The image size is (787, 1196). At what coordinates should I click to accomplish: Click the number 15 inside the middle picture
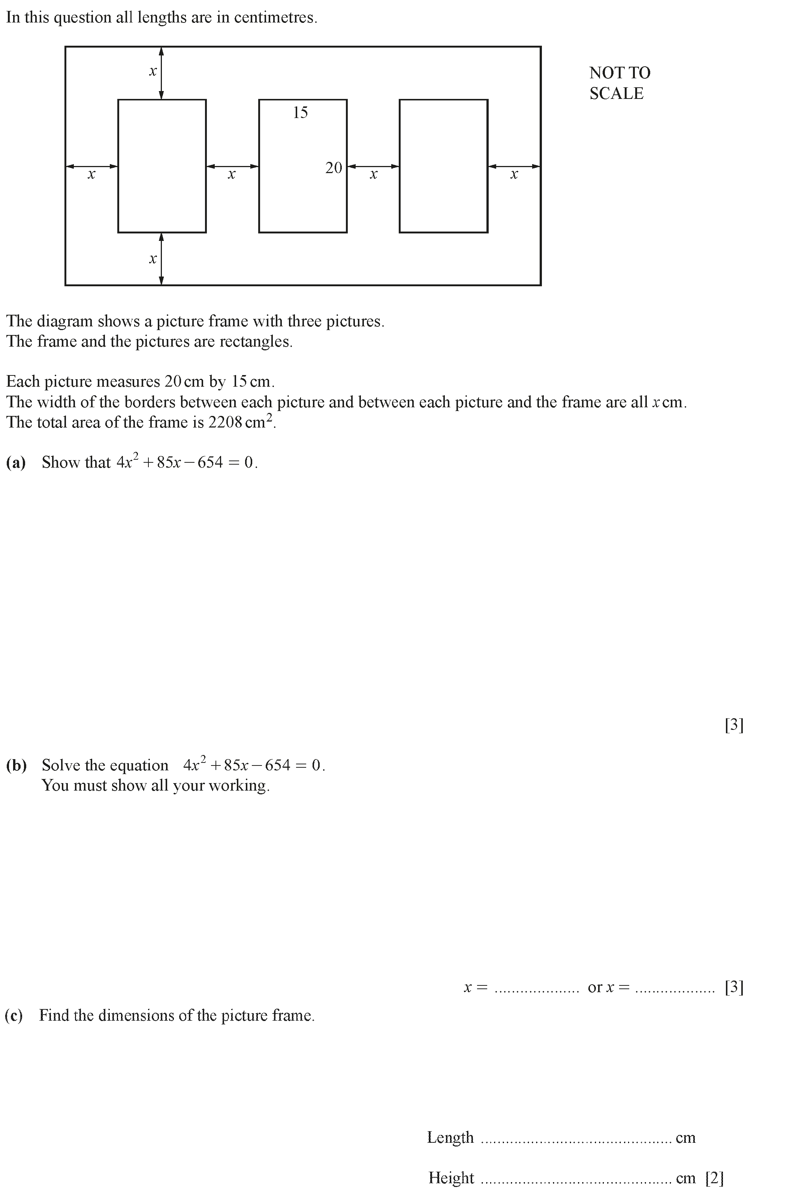300,112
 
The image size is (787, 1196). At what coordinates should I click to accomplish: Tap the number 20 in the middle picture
334,168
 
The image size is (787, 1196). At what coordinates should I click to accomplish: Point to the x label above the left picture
153,72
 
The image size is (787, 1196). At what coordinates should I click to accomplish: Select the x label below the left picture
153,259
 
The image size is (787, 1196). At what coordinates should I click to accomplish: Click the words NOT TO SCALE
619,83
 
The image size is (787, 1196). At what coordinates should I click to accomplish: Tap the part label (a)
16,462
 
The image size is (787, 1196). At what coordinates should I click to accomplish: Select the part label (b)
16,765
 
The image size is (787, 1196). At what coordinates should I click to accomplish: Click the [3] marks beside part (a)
734,724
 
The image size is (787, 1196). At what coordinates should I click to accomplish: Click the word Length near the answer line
450,1137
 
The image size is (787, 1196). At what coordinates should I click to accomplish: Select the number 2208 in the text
224,422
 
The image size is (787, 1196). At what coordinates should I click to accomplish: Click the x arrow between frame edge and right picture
514,166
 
